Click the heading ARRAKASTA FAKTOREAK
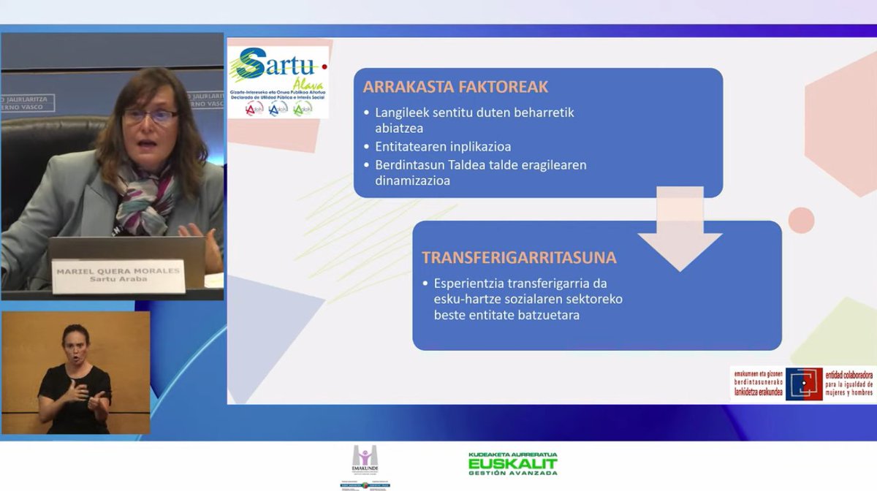455,88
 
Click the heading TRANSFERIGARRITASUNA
519,258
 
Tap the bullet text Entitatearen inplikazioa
443,146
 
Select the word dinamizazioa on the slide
412,180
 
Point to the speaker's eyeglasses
151,115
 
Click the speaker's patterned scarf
146,194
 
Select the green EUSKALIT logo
512,463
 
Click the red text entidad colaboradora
848,374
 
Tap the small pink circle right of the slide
801,220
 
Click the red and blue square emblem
804,384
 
